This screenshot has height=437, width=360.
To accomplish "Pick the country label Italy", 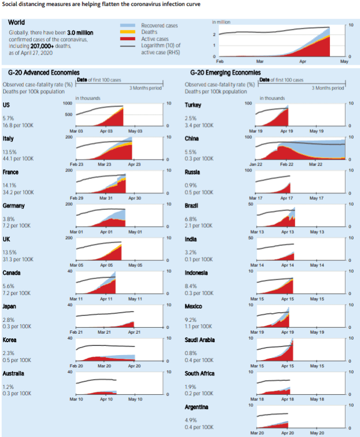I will coord(9,139).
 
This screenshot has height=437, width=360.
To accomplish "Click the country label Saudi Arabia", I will coord(200,340).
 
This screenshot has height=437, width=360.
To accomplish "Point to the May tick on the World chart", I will coord(344,63).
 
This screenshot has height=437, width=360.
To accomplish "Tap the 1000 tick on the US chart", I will coord(67,103).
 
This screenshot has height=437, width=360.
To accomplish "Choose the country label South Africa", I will coord(200,373).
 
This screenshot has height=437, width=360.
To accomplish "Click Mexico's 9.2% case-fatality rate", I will coord(191,319).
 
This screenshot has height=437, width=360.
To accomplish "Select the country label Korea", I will coord(9,340).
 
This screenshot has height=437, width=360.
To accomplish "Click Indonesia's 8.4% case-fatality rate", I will coord(191,285).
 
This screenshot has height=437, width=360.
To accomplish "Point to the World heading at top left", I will coord(17,23).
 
